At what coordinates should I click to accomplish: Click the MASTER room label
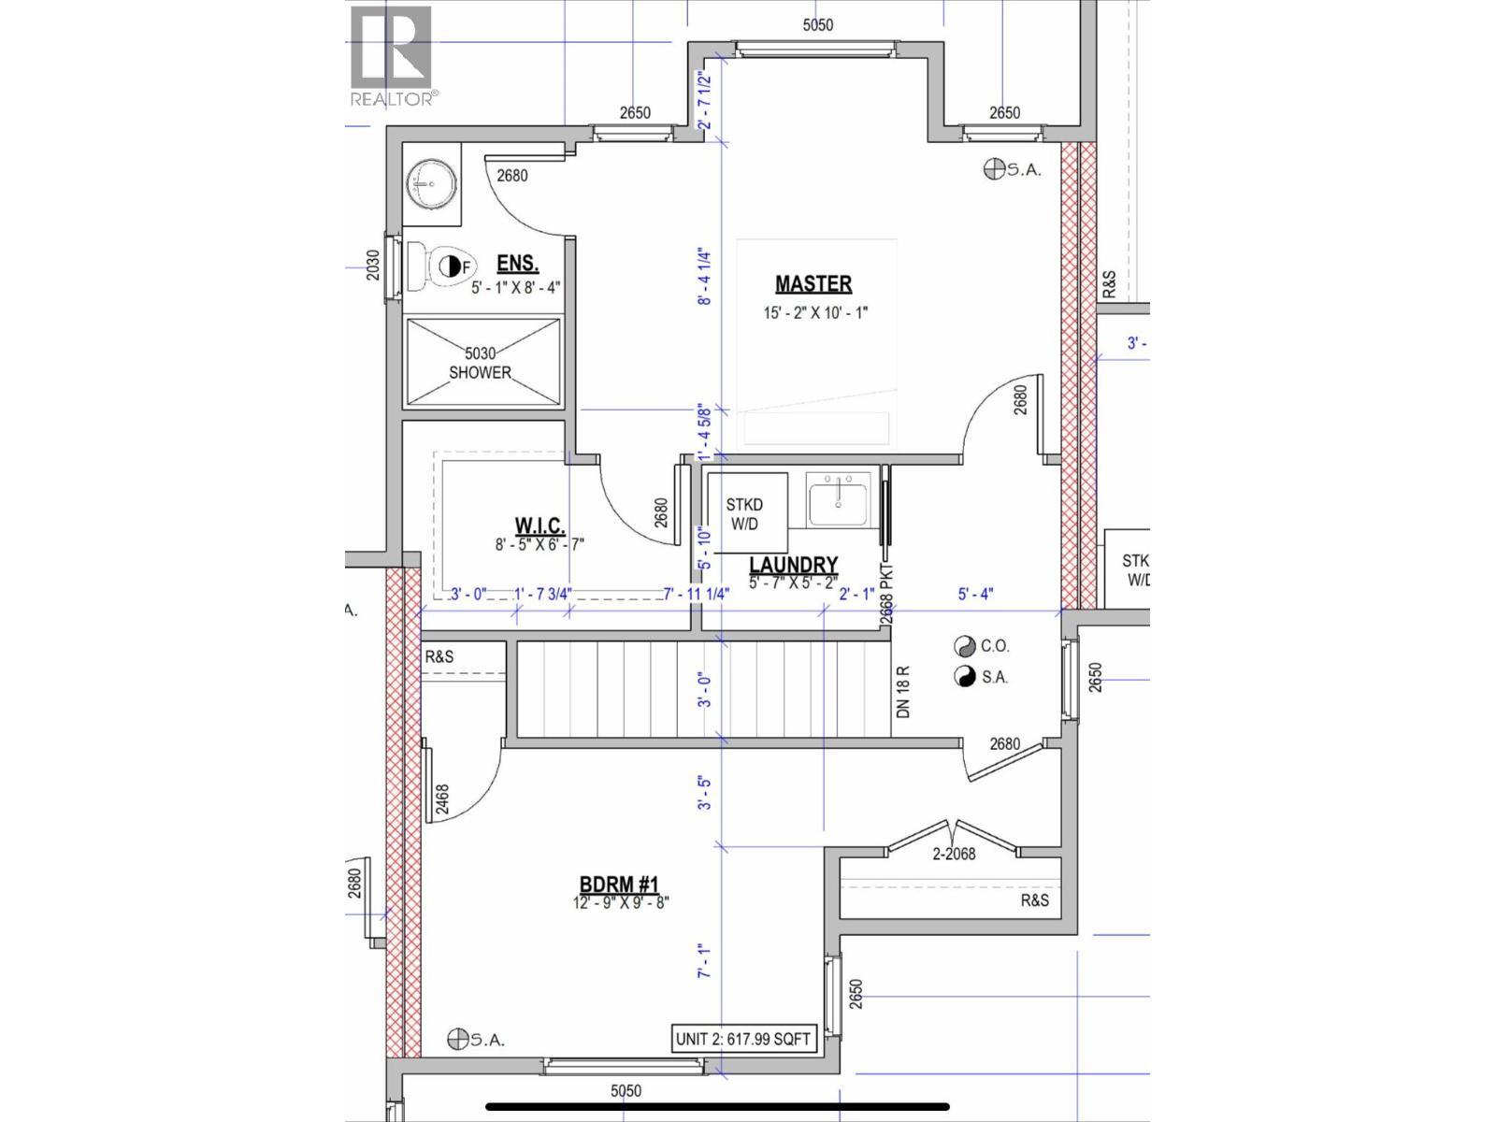(813, 284)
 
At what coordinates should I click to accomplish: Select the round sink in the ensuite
(432, 184)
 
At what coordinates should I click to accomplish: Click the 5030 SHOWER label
(481, 363)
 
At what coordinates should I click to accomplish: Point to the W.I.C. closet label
(539, 525)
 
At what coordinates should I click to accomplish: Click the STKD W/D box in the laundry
(743, 514)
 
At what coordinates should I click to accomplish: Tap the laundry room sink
(839, 499)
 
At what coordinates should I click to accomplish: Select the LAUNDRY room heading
(793, 566)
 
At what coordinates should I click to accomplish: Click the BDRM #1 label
(619, 885)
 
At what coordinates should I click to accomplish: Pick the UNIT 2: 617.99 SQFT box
(742, 1038)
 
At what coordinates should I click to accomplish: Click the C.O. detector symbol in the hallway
(964, 646)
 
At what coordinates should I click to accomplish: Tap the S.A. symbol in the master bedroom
(994, 169)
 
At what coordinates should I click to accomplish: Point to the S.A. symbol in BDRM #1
(458, 1039)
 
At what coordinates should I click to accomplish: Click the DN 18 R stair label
(902, 692)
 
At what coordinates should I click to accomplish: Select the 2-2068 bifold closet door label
(954, 853)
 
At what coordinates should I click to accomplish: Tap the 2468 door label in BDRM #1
(443, 801)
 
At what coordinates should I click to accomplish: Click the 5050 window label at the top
(817, 25)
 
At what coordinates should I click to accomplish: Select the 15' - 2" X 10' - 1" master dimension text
(814, 312)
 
